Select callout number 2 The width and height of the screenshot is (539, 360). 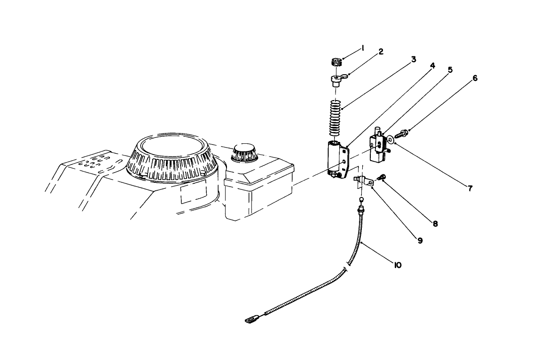[381, 52]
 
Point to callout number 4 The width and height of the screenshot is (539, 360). [432, 66]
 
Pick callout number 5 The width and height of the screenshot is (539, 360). [450, 70]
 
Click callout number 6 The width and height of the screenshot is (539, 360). [475, 78]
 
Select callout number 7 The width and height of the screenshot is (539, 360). [469, 188]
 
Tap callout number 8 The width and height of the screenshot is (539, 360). [435, 224]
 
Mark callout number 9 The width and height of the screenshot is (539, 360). [420, 240]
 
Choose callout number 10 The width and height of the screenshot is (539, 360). [397, 265]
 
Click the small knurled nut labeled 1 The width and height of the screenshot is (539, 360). [335, 62]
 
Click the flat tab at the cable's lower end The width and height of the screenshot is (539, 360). [251, 320]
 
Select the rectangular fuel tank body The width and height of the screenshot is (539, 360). [258, 190]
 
